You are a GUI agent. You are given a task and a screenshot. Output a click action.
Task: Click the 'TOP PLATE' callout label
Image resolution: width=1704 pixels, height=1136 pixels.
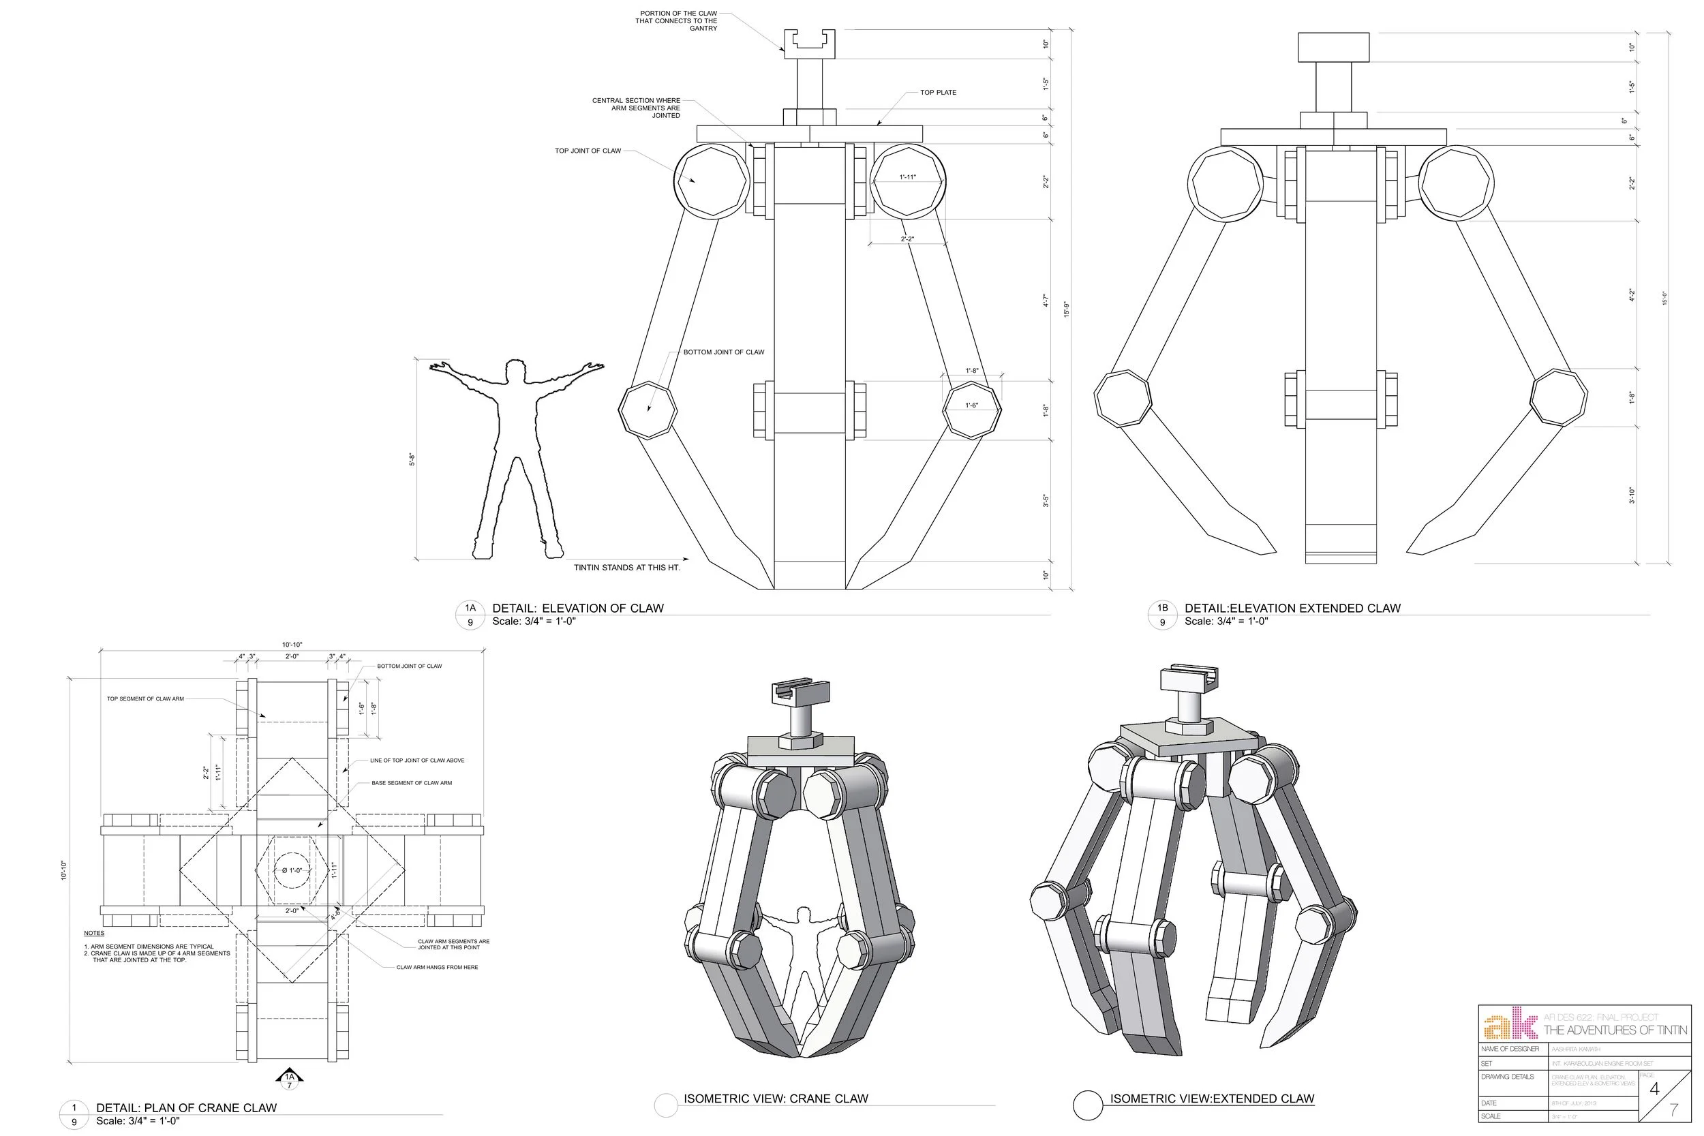tap(938, 93)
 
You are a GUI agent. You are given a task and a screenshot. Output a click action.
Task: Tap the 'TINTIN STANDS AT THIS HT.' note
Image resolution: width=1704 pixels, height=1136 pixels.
tap(626, 567)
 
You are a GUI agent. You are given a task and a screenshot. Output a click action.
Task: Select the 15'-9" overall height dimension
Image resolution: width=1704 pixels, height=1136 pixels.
tap(1066, 309)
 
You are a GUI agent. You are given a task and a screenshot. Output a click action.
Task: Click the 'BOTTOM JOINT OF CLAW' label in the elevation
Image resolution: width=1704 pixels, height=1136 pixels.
tap(723, 352)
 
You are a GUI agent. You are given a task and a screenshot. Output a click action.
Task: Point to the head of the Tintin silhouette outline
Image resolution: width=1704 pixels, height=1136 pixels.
tap(515, 370)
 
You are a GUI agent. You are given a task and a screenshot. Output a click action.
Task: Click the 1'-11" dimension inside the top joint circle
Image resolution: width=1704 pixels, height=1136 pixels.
tap(907, 176)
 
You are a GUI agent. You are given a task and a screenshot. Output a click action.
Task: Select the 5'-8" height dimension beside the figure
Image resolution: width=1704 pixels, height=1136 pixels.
tap(412, 459)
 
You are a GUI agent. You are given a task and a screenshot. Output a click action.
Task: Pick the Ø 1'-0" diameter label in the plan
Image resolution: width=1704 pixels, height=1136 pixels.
tap(291, 870)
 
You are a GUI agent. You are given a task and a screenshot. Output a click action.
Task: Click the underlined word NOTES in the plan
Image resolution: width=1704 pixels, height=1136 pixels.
tap(94, 933)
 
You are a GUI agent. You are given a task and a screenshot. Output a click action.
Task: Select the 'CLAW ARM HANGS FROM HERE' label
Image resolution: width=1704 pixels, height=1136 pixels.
tap(437, 967)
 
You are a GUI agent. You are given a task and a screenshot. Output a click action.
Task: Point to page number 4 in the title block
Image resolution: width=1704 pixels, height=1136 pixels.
tap(1654, 1089)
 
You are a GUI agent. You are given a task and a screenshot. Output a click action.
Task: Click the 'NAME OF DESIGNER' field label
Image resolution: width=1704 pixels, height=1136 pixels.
tap(1510, 1049)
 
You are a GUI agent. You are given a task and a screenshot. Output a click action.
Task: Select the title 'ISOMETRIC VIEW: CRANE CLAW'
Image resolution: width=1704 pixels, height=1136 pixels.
tap(775, 1099)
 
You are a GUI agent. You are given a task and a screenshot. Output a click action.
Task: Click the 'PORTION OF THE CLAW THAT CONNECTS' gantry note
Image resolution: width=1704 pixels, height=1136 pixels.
tap(677, 21)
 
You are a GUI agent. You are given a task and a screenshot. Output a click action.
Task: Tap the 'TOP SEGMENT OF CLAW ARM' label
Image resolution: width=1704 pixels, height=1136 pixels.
tap(145, 699)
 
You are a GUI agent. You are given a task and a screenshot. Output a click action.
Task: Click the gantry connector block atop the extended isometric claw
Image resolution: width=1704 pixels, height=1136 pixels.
tap(1188, 679)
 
